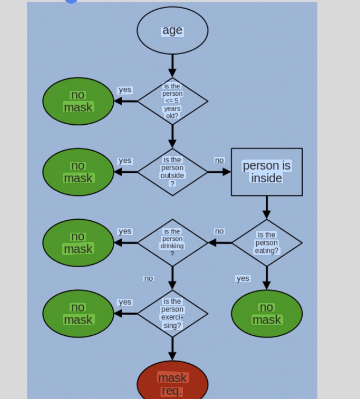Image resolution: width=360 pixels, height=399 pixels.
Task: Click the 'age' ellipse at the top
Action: pyautogui.click(x=172, y=31)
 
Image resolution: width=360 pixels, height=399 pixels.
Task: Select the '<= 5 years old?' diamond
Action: pyautogui.click(x=172, y=101)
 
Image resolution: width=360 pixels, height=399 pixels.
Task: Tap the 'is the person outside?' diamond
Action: pyautogui.click(x=172, y=172)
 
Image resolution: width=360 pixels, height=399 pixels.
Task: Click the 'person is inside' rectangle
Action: pyautogui.click(x=266, y=172)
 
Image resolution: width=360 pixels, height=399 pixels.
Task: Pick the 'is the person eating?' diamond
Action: pyautogui.click(x=266, y=243)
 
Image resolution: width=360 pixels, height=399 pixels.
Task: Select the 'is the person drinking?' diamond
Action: pyautogui.click(x=172, y=243)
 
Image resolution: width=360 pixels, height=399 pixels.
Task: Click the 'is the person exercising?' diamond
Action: pyautogui.click(x=172, y=313)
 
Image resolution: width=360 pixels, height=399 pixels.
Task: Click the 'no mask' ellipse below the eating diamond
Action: pyautogui.click(x=266, y=313)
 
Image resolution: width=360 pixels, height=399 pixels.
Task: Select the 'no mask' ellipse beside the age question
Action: pyautogui.click(x=78, y=101)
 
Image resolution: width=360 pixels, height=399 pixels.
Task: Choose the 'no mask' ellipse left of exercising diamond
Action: pyautogui.click(x=78, y=313)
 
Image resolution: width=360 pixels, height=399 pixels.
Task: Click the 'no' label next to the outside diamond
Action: pyautogui.click(x=219, y=160)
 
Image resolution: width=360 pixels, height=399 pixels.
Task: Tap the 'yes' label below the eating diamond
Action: pyautogui.click(x=243, y=278)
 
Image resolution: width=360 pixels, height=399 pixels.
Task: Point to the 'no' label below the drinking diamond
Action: pyautogui.click(x=148, y=278)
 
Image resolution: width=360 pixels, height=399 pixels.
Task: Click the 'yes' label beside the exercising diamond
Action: pyautogui.click(x=125, y=302)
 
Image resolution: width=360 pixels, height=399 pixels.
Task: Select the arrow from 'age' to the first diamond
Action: pyautogui.click(x=172, y=65)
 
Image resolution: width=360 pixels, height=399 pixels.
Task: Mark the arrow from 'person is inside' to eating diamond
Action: pyautogui.click(x=266, y=207)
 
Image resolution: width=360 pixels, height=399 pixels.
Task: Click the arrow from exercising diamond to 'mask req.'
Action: pyautogui.click(x=172, y=349)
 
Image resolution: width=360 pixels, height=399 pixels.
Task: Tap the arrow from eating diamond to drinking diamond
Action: pyautogui.click(x=220, y=243)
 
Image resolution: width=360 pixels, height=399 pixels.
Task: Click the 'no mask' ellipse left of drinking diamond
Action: pyautogui.click(x=78, y=243)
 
